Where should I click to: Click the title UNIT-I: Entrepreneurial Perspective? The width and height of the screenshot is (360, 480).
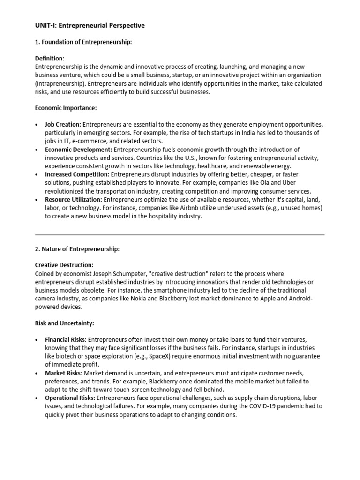tap(90, 25)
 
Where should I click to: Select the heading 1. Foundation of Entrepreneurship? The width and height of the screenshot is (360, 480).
tap(84, 42)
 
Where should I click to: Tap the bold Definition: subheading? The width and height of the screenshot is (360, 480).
tap(50, 59)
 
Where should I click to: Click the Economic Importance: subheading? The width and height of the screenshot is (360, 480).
tap(66, 108)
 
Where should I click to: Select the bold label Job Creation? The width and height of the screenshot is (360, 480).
tap(63, 125)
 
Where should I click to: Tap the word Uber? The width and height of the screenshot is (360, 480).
tap(288, 183)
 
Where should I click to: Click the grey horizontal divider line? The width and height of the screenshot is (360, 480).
tap(180, 234)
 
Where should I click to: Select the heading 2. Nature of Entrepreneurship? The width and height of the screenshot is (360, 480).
tap(77, 249)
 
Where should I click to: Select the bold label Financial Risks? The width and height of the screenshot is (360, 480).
tap(66, 339)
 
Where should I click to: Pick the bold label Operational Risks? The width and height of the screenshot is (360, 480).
tap(70, 398)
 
